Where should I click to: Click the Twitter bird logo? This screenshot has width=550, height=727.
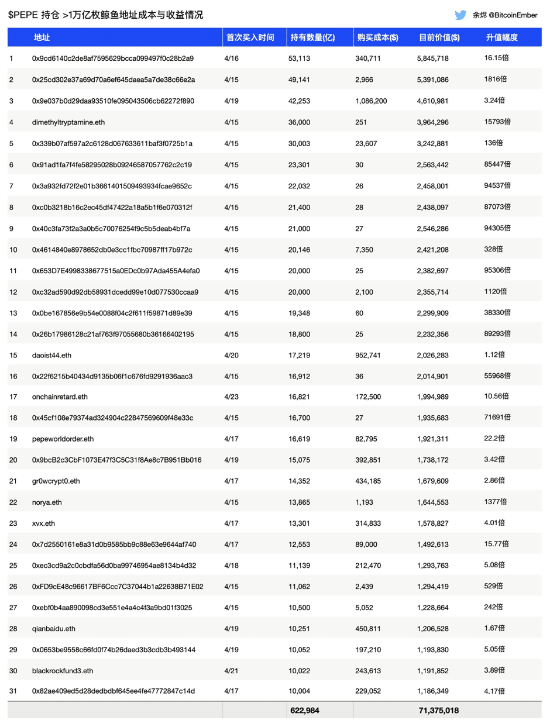click(x=460, y=15)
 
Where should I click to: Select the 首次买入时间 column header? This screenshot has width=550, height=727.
click(x=250, y=37)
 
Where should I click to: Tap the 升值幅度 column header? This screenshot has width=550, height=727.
click(x=501, y=37)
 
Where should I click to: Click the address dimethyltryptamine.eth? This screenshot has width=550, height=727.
click(x=68, y=122)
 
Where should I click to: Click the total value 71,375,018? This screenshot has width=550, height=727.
click(x=438, y=711)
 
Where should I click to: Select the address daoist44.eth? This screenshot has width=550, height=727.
click(x=52, y=355)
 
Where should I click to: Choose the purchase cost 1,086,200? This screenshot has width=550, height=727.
click(x=371, y=101)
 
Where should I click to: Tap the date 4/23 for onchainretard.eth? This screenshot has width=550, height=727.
click(x=230, y=397)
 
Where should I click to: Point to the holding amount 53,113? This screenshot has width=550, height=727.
click(x=302, y=58)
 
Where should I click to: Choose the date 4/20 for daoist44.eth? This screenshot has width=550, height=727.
click(x=230, y=355)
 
